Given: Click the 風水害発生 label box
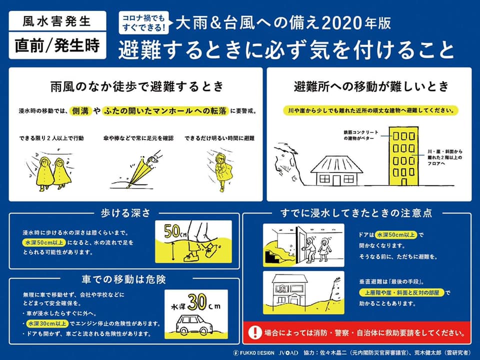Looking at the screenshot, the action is pos(57,21).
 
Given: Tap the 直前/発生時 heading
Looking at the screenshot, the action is pos(57,45).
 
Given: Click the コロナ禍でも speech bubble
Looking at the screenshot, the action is pos(144,22).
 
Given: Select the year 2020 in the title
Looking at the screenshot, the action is pos(342,23).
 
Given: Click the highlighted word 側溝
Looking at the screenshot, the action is pos(80,111).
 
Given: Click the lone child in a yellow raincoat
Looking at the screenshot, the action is pos(220,171).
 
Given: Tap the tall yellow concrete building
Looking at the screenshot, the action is pos(403,156).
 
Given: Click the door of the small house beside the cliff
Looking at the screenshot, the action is pos(336,180).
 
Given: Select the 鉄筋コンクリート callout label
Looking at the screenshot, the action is pos(360,135).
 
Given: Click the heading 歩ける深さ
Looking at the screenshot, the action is pos(125,213).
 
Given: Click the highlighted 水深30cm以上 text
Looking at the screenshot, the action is pos(47,323).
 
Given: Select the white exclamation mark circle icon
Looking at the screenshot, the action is pos(255,332).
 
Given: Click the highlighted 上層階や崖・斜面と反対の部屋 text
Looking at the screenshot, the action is pos(401,292).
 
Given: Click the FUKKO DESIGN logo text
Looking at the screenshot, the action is pos(254,352).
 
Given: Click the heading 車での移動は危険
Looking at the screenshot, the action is pos(123,279).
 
